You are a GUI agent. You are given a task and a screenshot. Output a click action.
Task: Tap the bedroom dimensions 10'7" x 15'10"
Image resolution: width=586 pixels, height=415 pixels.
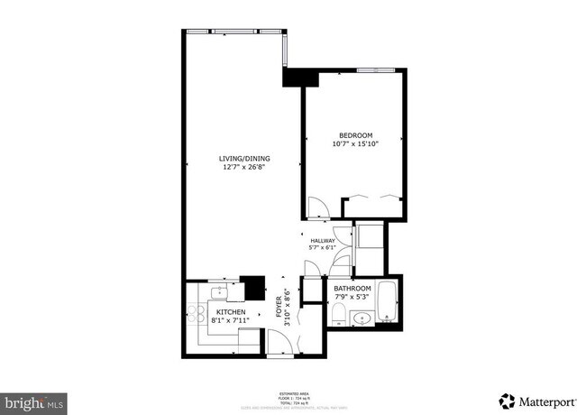tap(354, 143)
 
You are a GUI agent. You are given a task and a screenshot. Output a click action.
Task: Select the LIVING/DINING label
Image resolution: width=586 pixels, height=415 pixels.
tap(244, 159)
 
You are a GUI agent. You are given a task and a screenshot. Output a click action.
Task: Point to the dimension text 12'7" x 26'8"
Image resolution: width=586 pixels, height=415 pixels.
tap(244, 168)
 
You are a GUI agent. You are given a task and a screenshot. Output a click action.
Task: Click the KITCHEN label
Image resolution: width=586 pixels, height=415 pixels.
tap(231, 312)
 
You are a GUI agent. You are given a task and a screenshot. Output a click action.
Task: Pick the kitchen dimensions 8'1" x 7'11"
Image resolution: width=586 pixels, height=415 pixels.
tap(231, 320)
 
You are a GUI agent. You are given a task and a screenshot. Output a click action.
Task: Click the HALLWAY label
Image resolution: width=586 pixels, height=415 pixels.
tap(323, 241)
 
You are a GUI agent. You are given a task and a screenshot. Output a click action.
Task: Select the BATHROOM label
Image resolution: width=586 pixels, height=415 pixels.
tap(353, 289)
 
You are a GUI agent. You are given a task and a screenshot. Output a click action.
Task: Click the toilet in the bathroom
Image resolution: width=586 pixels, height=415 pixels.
tap(337, 313)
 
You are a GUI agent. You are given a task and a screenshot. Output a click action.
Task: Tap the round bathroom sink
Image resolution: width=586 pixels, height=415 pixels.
tap(362, 318)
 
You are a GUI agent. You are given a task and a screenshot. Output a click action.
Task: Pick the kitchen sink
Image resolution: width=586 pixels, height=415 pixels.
tap(218, 292)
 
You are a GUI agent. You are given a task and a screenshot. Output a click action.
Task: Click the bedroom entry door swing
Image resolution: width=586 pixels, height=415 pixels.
tap(317, 208)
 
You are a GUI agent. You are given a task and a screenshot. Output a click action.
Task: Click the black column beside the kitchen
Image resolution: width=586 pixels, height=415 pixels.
tap(255, 287)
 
